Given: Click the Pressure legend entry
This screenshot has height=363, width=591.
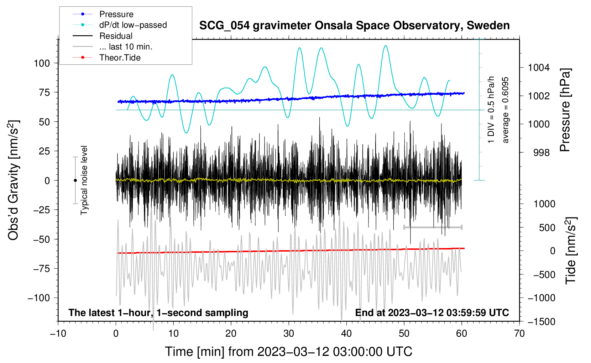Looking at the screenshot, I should point(116,14).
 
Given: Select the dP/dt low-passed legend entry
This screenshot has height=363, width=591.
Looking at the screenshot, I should point(133,25).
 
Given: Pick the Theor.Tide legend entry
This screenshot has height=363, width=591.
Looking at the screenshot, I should point(120,58).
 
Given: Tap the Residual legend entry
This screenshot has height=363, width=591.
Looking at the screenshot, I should point(116,36).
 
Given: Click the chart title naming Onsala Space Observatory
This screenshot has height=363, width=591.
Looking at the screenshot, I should point(354,26).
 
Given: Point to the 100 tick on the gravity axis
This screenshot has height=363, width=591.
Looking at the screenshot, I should point(42,63).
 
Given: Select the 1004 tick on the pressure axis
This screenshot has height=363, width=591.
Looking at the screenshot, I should point(539,68).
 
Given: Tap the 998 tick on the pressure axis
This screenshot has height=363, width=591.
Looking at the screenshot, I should point(542,153).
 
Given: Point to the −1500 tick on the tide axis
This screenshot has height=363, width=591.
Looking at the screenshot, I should point(542,322).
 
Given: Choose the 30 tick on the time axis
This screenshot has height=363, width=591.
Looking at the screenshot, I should point(289,333).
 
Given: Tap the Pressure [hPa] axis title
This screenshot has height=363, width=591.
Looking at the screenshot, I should point(565,110).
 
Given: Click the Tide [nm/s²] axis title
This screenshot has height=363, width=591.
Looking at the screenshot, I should point(571,250).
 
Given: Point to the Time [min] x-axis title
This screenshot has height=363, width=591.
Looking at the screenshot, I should point(289,352).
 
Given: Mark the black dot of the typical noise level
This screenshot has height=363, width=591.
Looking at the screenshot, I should point(75,180).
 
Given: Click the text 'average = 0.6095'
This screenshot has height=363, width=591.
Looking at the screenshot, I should point(506,110).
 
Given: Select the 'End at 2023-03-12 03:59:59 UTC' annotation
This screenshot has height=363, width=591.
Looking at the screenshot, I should point(432,312).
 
